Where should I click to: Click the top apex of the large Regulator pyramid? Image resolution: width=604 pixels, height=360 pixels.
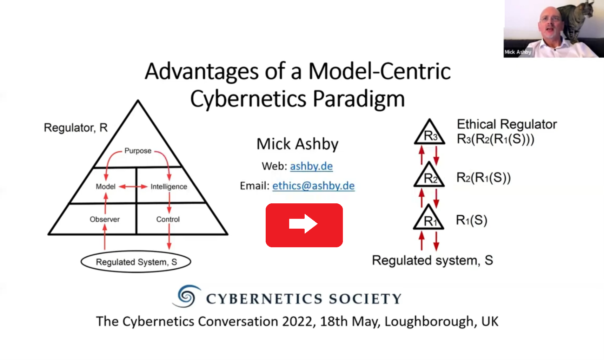pyautogui.click(x=138, y=100)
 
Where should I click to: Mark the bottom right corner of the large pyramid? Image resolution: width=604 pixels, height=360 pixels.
pyautogui.click(x=228, y=234)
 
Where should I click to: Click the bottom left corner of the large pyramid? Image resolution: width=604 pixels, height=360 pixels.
pyautogui.click(x=48, y=234)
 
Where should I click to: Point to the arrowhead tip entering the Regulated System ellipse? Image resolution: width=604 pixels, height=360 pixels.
pyautogui.click(x=169, y=250)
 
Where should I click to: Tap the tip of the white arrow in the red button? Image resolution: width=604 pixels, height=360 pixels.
pyautogui.click(x=318, y=224)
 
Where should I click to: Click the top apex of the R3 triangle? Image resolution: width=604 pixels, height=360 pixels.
pyautogui.click(x=430, y=119)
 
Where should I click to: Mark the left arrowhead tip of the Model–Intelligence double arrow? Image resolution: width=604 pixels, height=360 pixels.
pyautogui.click(x=119, y=186)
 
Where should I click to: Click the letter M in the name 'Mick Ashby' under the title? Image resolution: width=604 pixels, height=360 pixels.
pyautogui.click(x=264, y=144)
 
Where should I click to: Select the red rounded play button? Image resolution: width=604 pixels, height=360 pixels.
pyautogui.click(x=304, y=225)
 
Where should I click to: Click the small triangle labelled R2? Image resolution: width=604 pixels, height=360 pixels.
pyautogui.click(x=429, y=175)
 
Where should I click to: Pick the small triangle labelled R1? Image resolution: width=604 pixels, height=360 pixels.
pyautogui.click(x=429, y=217)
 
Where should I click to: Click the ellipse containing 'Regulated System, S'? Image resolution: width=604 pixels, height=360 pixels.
pyautogui.click(x=136, y=262)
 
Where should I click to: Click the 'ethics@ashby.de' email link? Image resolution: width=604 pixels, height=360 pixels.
pyautogui.click(x=313, y=186)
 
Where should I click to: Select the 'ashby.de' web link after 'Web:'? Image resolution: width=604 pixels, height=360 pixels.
pyautogui.click(x=311, y=166)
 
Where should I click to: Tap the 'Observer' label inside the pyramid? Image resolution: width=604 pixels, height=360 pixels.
pyautogui.click(x=105, y=219)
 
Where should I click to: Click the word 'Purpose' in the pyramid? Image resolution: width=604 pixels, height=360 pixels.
pyautogui.click(x=138, y=151)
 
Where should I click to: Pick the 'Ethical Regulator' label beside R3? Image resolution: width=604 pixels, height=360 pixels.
pyautogui.click(x=507, y=124)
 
